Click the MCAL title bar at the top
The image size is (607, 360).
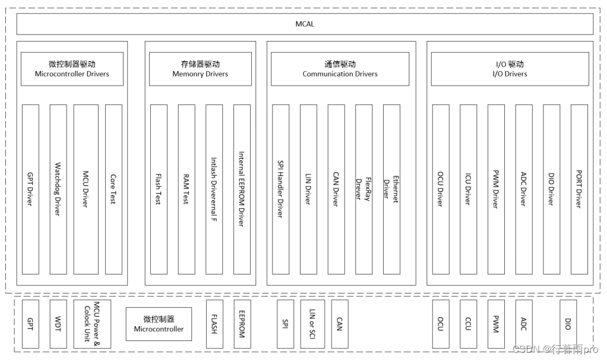304,24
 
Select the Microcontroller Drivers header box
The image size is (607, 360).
72,69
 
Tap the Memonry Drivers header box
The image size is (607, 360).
200,69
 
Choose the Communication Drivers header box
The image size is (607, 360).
340,69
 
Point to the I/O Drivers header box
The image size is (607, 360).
510,69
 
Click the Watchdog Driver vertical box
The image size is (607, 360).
58,189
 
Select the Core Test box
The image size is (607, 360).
113,189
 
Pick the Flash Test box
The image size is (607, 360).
159,189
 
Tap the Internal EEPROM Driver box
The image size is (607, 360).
242,189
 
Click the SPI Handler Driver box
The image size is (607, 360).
281,189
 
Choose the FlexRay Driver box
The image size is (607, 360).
363,189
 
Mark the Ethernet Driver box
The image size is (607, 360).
391,189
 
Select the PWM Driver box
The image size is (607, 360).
496,189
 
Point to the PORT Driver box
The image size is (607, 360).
579,189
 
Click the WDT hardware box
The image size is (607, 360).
58,324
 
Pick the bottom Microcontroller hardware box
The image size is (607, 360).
159,324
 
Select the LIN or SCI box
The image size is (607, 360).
312,324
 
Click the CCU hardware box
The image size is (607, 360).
468,324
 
